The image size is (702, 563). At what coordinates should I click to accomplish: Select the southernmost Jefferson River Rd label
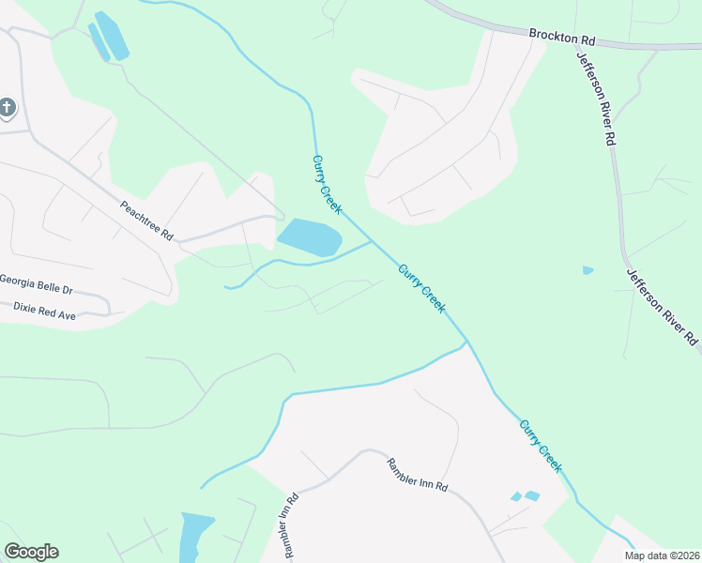(663, 307)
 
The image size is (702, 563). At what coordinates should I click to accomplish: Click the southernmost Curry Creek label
(542, 446)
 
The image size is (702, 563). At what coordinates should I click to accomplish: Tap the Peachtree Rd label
(146, 221)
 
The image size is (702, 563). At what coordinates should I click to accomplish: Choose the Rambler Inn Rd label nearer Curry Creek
(418, 476)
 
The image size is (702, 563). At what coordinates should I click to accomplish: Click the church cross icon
(8, 108)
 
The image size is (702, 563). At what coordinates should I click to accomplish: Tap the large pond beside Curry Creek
(309, 237)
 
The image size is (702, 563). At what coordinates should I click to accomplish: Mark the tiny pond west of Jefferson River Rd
(588, 270)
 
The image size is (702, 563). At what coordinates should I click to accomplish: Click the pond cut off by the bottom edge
(195, 537)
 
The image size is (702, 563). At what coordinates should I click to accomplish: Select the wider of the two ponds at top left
(113, 37)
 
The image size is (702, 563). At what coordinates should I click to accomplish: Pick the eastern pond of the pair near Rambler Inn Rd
(532, 495)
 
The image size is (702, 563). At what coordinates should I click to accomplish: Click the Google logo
(31, 552)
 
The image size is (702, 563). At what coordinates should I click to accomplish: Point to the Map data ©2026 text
(661, 555)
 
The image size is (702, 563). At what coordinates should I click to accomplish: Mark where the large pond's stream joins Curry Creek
(373, 241)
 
